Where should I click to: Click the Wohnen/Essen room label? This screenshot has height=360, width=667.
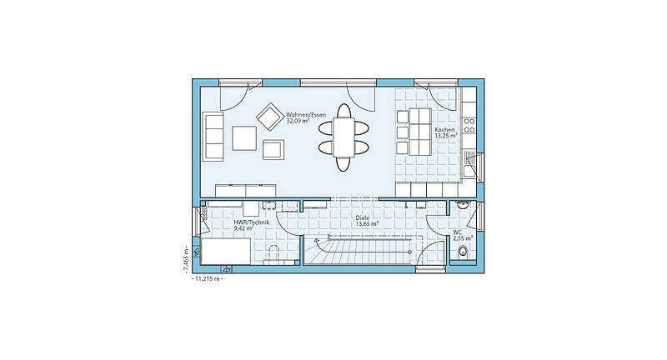coord(306,115)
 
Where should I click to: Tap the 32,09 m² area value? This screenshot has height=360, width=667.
coord(298,121)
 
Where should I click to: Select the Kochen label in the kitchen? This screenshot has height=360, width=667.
coord(444,130)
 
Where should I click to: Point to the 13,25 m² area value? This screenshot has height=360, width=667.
coord(446,136)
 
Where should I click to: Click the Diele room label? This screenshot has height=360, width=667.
coord(363,217)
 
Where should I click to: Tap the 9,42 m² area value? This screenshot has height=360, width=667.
coord(243,228)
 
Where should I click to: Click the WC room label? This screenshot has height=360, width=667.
coord(457,232)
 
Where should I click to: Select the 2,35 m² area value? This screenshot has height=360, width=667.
coord(463,238)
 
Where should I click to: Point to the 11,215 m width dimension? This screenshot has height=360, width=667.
coord(208,279)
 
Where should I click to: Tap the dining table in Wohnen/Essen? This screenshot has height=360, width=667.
coord(344,137)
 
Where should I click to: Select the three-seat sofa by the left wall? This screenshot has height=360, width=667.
coord(213,137)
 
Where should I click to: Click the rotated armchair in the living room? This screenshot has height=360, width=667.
coord(269,116)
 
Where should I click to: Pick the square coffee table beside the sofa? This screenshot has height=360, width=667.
coord(244,138)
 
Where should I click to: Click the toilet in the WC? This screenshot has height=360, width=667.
coord(463,252)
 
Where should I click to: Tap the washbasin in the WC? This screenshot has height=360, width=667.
coord(462,205)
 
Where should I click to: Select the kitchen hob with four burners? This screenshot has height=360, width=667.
coord(469,125)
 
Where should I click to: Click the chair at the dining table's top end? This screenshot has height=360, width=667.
coord(344,111)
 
